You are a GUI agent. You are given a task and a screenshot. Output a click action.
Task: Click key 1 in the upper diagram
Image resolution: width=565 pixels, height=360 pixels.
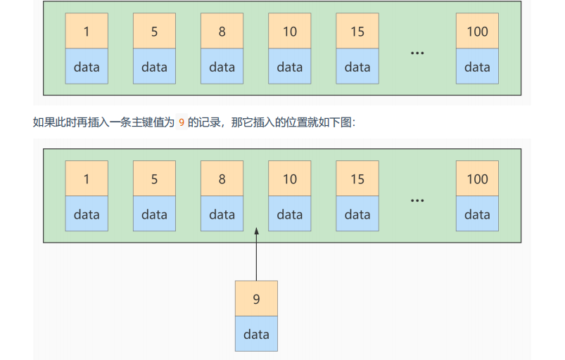tap(87, 32)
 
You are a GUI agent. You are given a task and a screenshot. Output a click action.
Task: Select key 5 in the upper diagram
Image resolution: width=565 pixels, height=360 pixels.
tap(154, 32)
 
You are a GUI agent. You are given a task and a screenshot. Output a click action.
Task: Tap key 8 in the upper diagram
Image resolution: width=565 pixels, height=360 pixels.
tap(222, 32)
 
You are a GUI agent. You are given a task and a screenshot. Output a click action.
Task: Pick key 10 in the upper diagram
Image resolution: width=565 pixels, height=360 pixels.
tap(289, 32)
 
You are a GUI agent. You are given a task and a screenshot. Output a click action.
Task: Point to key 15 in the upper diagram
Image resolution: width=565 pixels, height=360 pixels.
tap(357, 32)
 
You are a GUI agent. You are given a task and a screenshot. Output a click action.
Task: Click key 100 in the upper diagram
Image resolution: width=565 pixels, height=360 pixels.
tap(477, 32)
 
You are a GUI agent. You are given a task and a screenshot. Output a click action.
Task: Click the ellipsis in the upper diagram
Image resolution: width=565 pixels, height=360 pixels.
tap(417, 53)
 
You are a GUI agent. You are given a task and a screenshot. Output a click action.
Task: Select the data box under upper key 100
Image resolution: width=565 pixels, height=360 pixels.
tap(477, 67)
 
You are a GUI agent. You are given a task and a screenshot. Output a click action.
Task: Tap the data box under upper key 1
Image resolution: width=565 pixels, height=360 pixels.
tap(87, 67)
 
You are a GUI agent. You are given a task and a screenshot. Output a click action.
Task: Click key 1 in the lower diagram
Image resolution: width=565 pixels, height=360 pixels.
tap(87, 179)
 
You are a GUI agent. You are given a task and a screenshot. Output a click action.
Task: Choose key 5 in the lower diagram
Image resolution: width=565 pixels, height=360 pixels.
tap(154, 179)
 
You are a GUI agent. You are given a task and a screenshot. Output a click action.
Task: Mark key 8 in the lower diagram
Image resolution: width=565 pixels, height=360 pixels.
tap(222, 179)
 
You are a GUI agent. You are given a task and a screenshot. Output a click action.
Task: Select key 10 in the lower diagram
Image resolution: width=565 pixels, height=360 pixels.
tap(289, 179)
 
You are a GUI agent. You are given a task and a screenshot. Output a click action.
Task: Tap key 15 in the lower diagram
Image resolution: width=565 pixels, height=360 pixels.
tap(357, 179)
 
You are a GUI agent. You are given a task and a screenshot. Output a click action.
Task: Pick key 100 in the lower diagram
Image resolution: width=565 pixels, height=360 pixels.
tap(477, 179)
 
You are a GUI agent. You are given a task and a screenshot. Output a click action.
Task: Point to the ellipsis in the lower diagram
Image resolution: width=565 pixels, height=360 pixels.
tap(417, 200)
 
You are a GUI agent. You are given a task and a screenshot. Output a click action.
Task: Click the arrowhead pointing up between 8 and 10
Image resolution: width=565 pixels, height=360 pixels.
tap(256, 230)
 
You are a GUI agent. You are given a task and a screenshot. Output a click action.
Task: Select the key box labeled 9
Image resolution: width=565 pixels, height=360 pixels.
tap(256, 299)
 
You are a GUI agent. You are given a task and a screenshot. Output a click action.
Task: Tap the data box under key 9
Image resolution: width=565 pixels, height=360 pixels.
tap(256, 335)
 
